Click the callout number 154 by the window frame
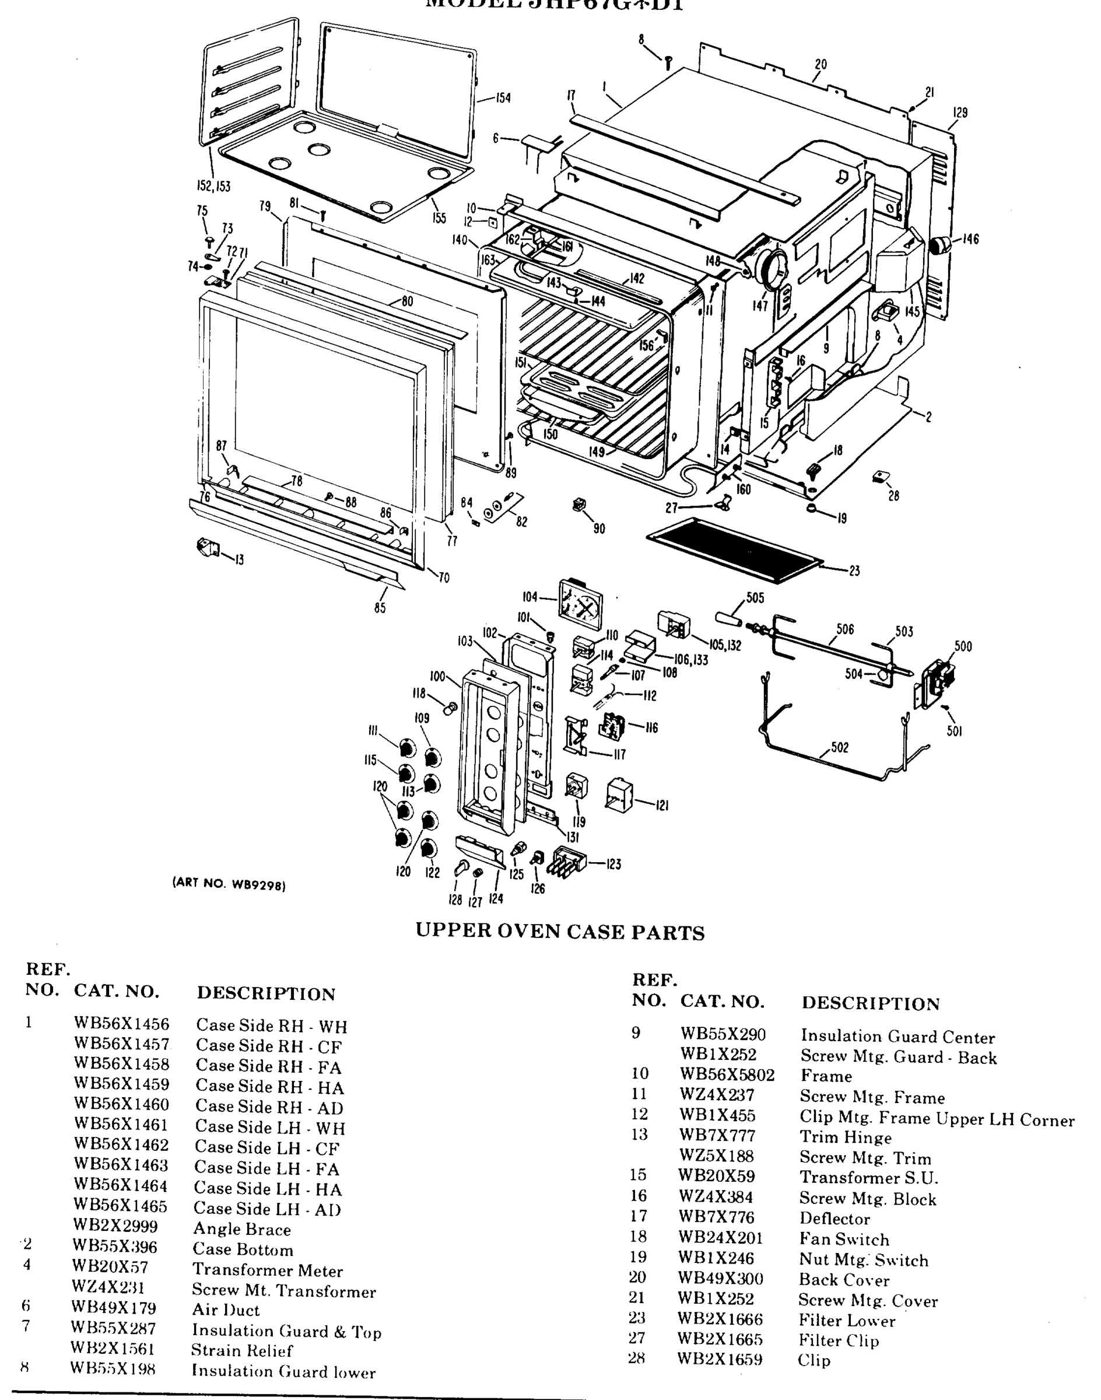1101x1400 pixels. (503, 98)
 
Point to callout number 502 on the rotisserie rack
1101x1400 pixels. (839, 747)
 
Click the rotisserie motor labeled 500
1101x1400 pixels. (938, 682)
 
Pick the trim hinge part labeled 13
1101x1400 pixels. (208, 548)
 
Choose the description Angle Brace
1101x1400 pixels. (242, 1229)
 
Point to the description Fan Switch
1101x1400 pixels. (844, 1240)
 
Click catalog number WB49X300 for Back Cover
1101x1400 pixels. (720, 1279)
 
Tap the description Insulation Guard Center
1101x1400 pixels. (897, 1037)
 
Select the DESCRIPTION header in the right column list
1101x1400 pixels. (870, 1003)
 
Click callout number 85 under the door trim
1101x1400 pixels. (380, 607)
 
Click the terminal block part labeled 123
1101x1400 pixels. (570, 860)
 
